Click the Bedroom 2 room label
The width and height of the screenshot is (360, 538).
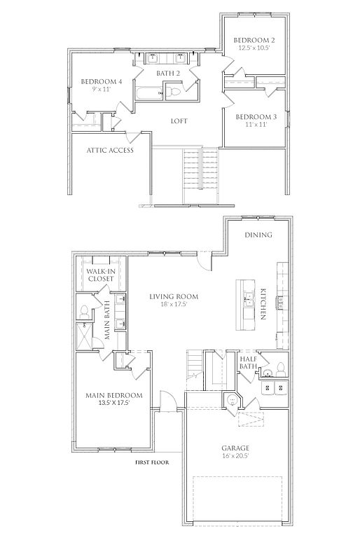pyautogui.click(x=254, y=40)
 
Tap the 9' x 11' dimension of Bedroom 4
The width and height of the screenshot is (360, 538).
pyautogui.click(x=101, y=89)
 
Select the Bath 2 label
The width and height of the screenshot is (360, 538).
pyautogui.click(x=168, y=73)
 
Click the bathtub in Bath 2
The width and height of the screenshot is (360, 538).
pyautogui.click(x=148, y=94)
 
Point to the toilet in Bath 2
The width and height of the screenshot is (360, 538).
pyautogui.click(x=173, y=92)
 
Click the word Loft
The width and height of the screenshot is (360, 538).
pyautogui.click(x=179, y=121)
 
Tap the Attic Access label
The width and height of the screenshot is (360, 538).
pyautogui.click(x=110, y=150)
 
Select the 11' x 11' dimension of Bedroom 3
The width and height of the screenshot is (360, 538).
pyautogui.click(x=256, y=124)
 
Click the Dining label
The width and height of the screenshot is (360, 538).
pyautogui.click(x=258, y=235)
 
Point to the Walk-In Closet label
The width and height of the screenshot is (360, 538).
pyautogui.click(x=101, y=275)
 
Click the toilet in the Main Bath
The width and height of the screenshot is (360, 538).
pyautogui.click(x=84, y=312)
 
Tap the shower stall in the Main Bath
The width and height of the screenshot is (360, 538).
pyautogui.click(x=84, y=336)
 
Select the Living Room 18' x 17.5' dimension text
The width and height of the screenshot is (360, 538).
pyautogui.click(x=173, y=304)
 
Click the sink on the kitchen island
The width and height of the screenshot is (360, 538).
pyautogui.click(x=248, y=300)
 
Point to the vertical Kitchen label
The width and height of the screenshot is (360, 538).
pyautogui.click(x=263, y=304)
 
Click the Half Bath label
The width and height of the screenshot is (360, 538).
pyautogui.click(x=248, y=363)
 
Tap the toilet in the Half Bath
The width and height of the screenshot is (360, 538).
pyautogui.click(x=281, y=368)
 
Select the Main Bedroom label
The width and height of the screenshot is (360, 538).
pyautogui.click(x=114, y=395)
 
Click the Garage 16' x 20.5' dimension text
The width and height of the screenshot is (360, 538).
pyautogui.click(x=235, y=456)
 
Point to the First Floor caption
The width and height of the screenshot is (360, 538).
pyautogui.click(x=152, y=462)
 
